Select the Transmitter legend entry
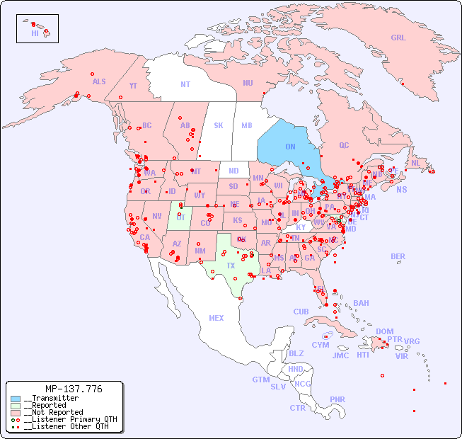pos(52,399)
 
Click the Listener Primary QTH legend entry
pos(67,419)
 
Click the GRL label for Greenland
pos(398,38)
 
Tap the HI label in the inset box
pos(35,33)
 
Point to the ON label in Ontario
pos(290,147)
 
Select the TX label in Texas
pos(231,266)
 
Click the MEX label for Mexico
pos(216,318)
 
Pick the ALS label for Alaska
pos(99,82)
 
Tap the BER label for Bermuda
pos(398,256)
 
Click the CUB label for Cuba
pos(301,312)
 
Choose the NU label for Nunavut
pos(248,83)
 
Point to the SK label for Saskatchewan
pos(219,125)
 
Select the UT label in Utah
pos(180,217)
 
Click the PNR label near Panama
pos(337,399)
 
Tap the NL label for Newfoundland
pos(415,163)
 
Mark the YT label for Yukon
pos(133,86)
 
